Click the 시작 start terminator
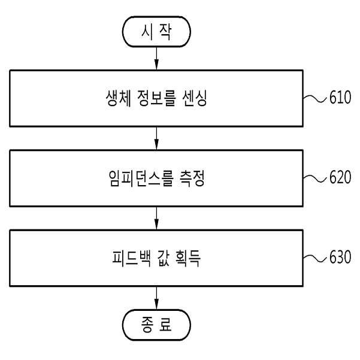156,32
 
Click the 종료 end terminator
156,325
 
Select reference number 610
340,97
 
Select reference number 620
340,177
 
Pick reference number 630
340,257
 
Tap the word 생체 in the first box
119,98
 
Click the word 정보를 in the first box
156,98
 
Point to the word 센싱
195,98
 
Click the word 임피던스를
141,178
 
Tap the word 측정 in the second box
192,178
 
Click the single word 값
164,258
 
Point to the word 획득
188,258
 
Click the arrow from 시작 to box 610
156,58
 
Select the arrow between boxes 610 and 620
156,138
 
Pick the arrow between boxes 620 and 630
156,218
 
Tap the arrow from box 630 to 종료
156,298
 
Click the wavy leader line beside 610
314,98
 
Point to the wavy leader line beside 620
314,179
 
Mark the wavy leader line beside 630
314,258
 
